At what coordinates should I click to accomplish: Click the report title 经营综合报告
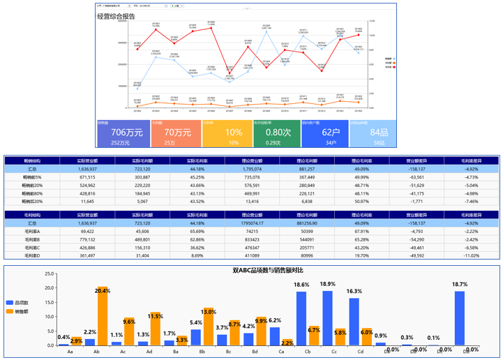117,16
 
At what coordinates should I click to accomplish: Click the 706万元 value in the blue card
127,133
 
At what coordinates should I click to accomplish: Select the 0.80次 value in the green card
278,133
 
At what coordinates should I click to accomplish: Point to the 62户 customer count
330,133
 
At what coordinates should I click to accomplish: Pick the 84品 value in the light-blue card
379,133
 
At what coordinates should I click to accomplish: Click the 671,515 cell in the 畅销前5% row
88,177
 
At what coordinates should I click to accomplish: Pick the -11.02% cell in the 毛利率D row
472,256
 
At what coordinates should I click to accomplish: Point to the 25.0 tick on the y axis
49,274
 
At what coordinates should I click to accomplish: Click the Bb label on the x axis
203,351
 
